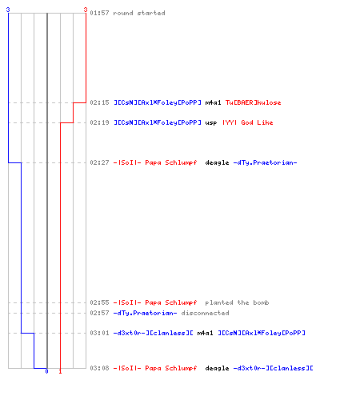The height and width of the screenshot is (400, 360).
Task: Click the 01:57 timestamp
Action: (x=99, y=13)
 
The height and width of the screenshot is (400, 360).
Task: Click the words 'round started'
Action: (x=139, y=13)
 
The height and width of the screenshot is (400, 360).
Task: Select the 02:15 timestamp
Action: (x=99, y=102)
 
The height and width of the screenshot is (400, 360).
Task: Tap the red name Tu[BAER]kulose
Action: (x=254, y=102)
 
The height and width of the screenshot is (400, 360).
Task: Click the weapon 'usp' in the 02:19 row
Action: (x=211, y=122)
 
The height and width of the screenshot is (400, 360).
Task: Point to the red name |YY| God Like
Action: (x=248, y=122)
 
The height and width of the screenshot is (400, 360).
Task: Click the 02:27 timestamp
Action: (x=99, y=162)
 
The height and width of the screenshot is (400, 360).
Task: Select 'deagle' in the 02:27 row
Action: (x=217, y=162)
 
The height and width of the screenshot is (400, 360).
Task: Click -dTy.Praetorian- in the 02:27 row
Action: (x=265, y=162)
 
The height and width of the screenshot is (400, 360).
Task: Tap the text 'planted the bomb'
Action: (x=237, y=302)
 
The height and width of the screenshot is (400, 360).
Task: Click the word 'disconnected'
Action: (x=205, y=313)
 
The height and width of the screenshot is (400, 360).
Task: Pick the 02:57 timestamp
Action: (x=99, y=313)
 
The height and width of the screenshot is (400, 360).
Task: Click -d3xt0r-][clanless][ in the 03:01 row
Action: (x=154, y=333)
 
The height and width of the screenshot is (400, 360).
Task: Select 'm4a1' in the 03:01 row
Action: (x=205, y=333)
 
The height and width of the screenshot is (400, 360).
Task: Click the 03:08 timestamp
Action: (x=99, y=368)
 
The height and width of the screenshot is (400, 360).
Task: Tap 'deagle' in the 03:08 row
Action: (x=217, y=368)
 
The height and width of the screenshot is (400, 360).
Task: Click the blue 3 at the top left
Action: (x=8, y=10)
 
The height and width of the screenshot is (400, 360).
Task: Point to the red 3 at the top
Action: (x=86, y=10)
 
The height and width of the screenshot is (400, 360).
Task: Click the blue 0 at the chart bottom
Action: (x=46, y=371)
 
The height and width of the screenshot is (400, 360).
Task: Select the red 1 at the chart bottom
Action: (x=60, y=371)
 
